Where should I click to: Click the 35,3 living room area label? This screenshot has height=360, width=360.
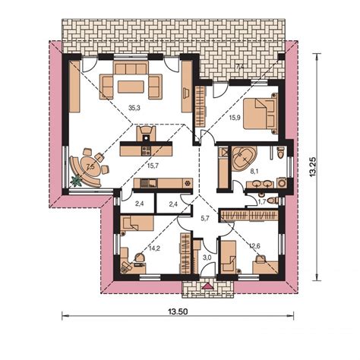(x=134, y=108)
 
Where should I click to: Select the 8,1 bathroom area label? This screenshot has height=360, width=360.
(x=254, y=172)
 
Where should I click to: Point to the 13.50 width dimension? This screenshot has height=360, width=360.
(x=178, y=312)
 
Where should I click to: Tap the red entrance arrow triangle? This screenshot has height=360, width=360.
(x=209, y=286)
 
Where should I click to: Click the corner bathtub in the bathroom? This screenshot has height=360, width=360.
(x=245, y=158)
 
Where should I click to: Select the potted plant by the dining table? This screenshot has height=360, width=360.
(x=76, y=181)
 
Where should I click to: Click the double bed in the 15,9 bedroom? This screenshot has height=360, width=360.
(x=261, y=113)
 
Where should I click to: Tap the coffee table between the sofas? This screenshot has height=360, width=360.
(x=131, y=87)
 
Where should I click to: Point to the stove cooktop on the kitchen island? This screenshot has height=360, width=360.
(x=147, y=151)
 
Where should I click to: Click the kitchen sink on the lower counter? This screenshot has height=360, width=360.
(x=149, y=183)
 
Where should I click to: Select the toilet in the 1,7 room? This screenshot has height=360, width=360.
(x=273, y=201)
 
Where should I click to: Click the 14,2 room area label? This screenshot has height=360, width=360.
(x=154, y=248)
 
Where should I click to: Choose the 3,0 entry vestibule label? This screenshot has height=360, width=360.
(x=207, y=258)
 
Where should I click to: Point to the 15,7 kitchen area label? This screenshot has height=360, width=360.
(x=153, y=166)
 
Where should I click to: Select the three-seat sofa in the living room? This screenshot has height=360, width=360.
(x=131, y=68)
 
